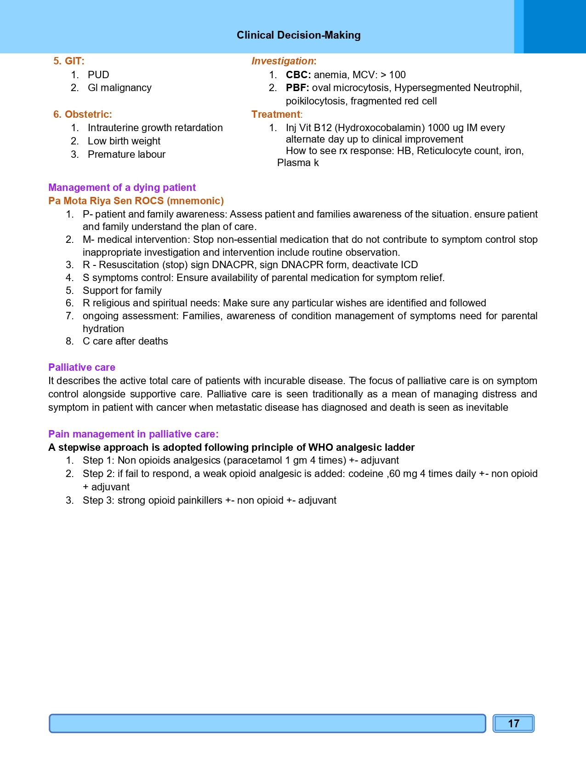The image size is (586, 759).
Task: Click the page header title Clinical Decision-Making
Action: coord(298,35)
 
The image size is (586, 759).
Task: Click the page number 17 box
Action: coord(513,724)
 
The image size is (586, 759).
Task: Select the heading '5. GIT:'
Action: coord(69,61)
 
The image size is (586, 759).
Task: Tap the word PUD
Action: coord(98,75)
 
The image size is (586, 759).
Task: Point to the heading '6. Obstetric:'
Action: coord(83,115)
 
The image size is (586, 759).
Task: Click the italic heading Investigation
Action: coord(283,61)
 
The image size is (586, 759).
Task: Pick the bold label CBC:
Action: coord(298,75)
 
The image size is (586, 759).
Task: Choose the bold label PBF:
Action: coord(297,88)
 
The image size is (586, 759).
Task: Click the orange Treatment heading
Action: coord(276,115)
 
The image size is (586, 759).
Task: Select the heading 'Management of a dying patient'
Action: coord(122,188)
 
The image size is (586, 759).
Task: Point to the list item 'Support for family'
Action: coord(122,291)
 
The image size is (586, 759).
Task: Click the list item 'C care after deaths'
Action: coord(125,341)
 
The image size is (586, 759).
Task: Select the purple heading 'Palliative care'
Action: coord(82,368)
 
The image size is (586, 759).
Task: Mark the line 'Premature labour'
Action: coord(126,155)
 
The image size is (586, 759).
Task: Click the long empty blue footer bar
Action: coord(267,724)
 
